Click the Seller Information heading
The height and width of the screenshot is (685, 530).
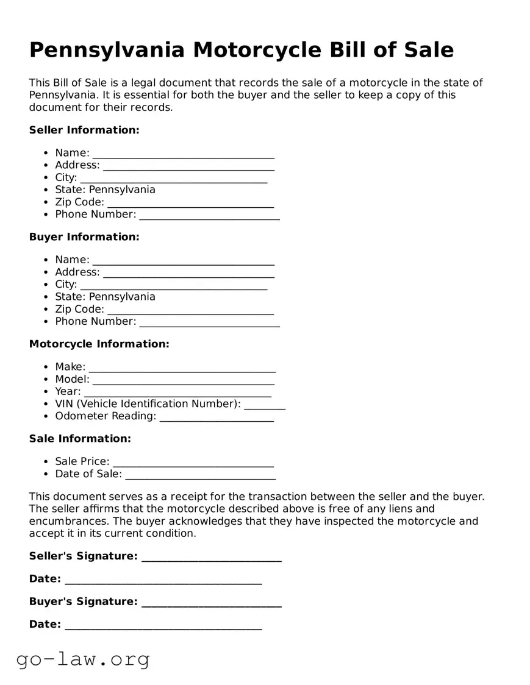point(84,130)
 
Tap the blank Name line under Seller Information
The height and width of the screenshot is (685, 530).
point(183,154)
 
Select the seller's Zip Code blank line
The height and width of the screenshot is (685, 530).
point(190,203)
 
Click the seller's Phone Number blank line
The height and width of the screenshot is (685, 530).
point(209,215)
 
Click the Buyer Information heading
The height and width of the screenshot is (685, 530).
point(84,237)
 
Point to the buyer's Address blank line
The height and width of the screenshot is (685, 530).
point(188,273)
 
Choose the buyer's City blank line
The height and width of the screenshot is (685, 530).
point(173,285)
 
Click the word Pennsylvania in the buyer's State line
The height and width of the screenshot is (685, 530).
point(122,297)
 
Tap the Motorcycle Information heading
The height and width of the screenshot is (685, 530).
point(99,344)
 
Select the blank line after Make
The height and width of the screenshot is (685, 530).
point(182,367)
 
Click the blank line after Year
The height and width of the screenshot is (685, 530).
point(177,392)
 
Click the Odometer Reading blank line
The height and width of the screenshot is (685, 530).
point(217,417)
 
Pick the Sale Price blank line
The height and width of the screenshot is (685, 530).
point(193,463)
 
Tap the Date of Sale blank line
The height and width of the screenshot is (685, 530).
point(200,475)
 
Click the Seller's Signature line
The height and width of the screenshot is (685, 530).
point(211,557)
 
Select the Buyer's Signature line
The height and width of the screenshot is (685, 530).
point(211,603)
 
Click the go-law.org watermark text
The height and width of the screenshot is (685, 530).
point(83,659)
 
